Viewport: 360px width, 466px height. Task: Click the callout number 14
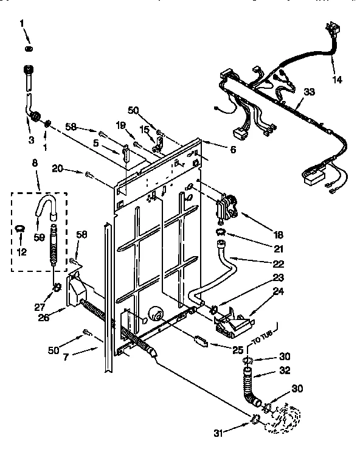pyautogui.click(x=337, y=80)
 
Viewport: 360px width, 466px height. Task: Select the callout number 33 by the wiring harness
pyautogui.click(x=310, y=92)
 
